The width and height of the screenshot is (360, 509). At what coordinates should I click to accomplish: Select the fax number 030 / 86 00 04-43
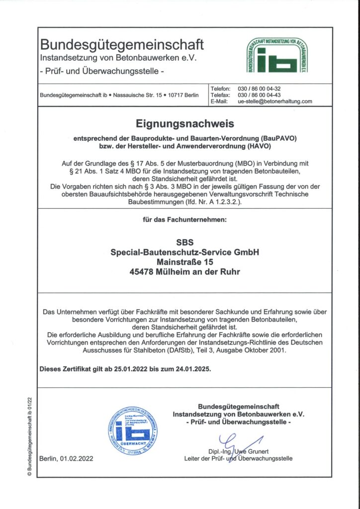pyautogui.click(x=260, y=95)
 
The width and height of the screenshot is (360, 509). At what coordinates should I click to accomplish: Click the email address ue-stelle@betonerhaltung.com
pyautogui.click(x=275, y=101)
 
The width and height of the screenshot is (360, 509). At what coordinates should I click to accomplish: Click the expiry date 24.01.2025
pyautogui.click(x=191, y=370)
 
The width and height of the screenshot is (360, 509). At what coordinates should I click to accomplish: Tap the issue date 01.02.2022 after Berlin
pyautogui.click(x=76, y=458)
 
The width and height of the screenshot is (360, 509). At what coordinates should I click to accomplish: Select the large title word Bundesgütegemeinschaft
pyautogui.click(x=122, y=45)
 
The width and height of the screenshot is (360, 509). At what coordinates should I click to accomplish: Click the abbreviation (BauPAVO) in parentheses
pyautogui.click(x=270, y=138)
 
